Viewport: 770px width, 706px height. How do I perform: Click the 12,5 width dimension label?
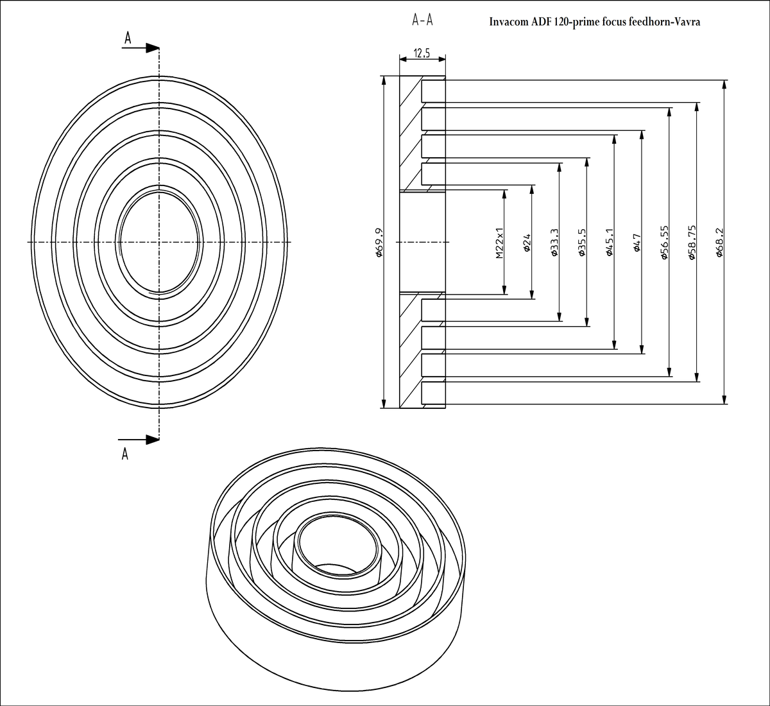click(x=422, y=53)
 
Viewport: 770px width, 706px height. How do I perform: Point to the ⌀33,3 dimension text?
click(x=554, y=243)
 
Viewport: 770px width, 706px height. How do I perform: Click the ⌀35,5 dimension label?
click(x=582, y=243)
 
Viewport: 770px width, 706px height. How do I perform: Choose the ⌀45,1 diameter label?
click(x=610, y=243)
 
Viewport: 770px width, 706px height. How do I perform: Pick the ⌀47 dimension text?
click(x=637, y=244)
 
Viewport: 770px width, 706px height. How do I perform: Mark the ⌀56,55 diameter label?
click(x=665, y=242)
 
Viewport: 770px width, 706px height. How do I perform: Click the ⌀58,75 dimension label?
click(x=692, y=242)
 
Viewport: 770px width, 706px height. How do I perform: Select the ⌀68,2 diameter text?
click(x=720, y=243)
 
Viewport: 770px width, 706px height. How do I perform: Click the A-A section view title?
click(x=422, y=21)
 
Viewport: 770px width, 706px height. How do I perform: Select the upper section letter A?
click(x=128, y=39)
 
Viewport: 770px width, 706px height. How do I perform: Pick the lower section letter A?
click(x=125, y=454)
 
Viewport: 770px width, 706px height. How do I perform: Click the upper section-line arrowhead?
click(x=152, y=47)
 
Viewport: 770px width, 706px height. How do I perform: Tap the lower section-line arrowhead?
click(x=152, y=440)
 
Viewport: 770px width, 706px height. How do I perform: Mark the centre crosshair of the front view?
click(x=159, y=241)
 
